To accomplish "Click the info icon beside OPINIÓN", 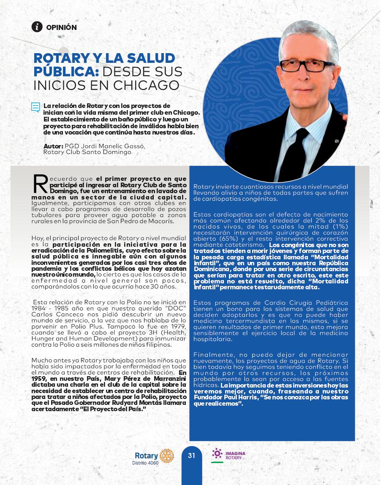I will (x=37, y=27).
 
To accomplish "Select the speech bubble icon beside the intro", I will (x=35, y=108).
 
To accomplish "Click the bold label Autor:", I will (x=53, y=146).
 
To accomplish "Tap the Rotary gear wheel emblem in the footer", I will (x=166, y=456).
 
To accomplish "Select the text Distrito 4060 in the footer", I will (x=146, y=463).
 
